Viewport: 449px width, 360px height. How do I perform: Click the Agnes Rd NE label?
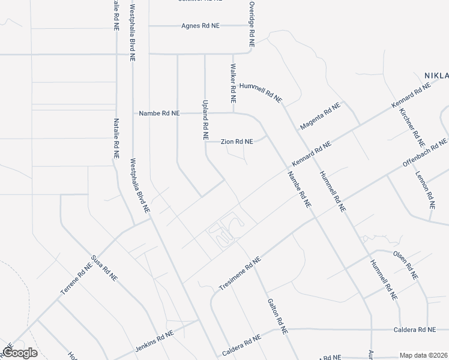click(202, 26)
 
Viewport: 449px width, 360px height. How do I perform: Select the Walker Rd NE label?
click(233, 84)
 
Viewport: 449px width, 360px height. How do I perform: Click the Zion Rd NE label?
click(237, 142)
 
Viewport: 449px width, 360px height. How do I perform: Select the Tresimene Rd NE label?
click(241, 275)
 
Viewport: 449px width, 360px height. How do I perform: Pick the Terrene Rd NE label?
click(76, 279)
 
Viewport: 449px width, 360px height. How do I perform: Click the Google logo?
click(20, 353)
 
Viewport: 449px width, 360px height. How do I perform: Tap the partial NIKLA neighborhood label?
click(436, 76)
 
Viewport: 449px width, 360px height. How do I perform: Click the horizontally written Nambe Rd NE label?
click(159, 113)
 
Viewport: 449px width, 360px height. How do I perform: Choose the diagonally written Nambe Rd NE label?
click(299, 190)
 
